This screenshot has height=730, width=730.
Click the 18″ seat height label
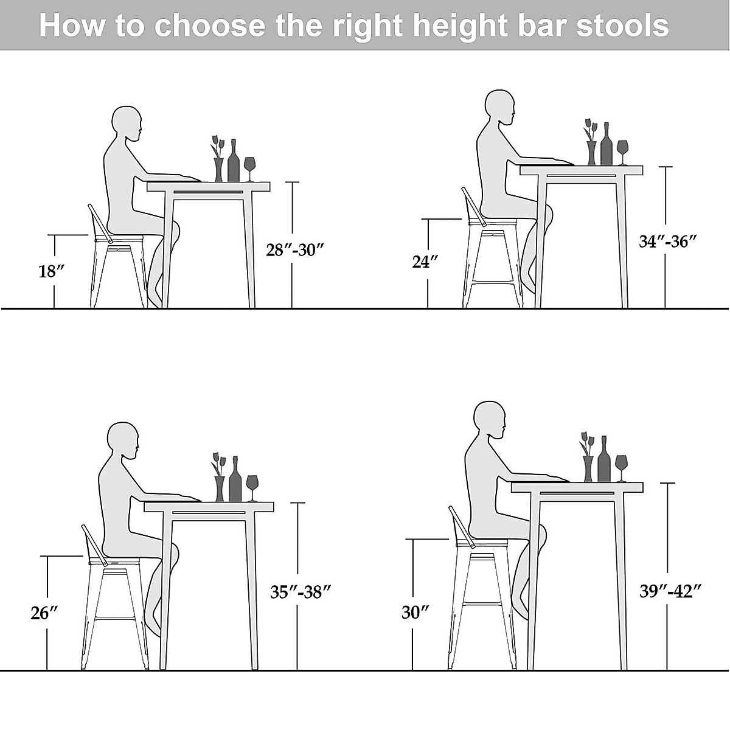[52, 271]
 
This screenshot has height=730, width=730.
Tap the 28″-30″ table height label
[294, 250]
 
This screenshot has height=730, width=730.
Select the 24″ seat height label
[425, 262]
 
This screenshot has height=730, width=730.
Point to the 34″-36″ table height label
[667, 242]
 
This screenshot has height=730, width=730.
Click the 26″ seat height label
[44, 613]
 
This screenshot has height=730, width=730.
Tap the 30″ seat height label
[415, 612]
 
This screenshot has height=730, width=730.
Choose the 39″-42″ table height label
[671, 590]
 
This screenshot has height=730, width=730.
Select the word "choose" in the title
[210, 26]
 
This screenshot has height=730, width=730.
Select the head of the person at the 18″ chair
[127, 125]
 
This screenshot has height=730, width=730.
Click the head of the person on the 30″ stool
[490, 420]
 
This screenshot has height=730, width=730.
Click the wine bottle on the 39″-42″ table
[603, 459]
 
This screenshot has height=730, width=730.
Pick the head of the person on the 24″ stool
[499, 108]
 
